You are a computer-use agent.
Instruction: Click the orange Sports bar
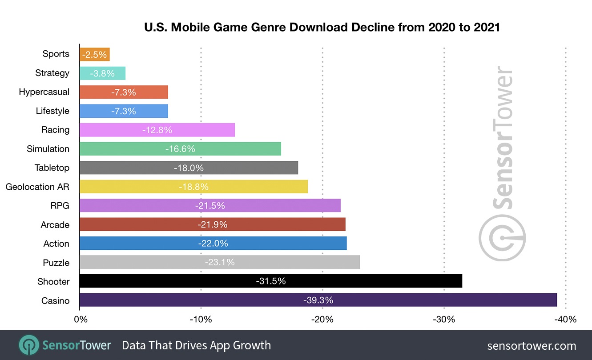point(95,54)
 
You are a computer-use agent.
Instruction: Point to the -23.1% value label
point(220,262)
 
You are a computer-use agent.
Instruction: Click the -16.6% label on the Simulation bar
point(180,149)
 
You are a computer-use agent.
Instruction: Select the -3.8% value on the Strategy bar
point(102,73)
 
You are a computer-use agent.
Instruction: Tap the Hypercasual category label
point(44,92)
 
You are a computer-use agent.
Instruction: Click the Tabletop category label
point(52,168)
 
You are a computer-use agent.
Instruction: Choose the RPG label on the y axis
point(60,206)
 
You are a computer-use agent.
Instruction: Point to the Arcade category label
point(55,225)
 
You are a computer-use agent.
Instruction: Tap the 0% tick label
point(80,320)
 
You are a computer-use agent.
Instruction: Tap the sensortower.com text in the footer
point(532,346)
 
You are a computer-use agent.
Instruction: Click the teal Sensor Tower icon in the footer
point(28,345)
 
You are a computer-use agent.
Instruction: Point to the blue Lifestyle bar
point(124,111)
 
